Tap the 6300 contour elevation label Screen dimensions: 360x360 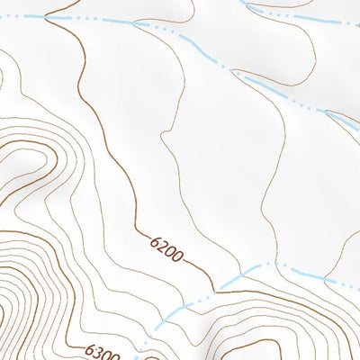coord(103,351)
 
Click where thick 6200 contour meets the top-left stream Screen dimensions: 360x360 coord(45,17)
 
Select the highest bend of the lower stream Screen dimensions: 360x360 coord(270,264)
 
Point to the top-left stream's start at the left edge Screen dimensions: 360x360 coord(3,15)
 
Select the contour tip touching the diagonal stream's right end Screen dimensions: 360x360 coord(326,112)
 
